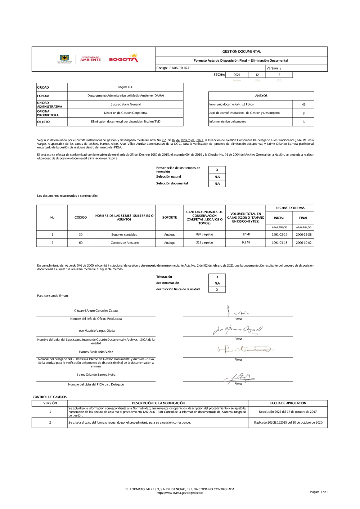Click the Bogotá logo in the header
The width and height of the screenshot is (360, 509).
[x=123, y=58]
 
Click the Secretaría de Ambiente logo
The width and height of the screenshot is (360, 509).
[x=90, y=59]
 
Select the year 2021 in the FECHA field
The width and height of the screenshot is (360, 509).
[x=237, y=75]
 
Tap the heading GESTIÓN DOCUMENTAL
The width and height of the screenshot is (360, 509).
[x=242, y=52]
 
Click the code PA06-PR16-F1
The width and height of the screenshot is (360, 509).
[x=180, y=68]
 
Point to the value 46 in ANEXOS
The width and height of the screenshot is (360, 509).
[x=303, y=104]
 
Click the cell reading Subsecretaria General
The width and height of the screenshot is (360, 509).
[x=125, y=104]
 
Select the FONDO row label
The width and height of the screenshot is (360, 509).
[x=43, y=96]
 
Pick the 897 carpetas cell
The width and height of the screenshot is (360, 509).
[x=204, y=235]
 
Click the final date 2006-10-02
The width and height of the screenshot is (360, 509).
[x=303, y=243]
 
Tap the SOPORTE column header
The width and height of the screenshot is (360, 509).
[x=169, y=218]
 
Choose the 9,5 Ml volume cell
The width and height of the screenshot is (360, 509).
[x=246, y=243]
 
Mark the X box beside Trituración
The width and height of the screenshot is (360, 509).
[x=217, y=277]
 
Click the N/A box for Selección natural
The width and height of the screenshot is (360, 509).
[x=217, y=177]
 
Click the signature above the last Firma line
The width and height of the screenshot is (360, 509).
[x=239, y=378]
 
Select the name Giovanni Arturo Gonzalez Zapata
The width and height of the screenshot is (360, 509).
[x=96, y=311]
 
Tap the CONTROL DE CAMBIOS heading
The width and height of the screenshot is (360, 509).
[x=50, y=397]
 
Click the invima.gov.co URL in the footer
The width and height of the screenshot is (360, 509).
[x=180, y=493]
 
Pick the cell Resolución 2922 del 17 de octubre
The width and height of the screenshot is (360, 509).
[x=288, y=412]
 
